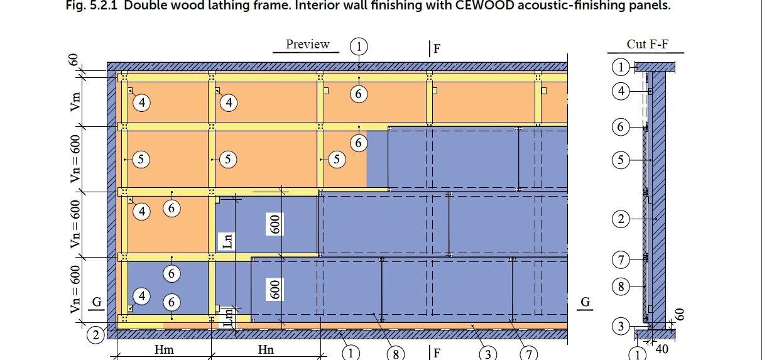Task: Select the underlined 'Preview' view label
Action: coord(307,44)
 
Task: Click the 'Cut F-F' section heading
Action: coord(646,44)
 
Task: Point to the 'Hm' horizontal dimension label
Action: coord(164,350)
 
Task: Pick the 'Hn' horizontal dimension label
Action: coord(266,350)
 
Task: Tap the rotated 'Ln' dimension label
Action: coord(228,239)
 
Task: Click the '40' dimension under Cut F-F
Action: coord(661,349)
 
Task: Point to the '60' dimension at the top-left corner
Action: coord(73,60)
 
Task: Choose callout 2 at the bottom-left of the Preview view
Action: coord(95,335)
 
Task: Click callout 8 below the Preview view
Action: coord(395,354)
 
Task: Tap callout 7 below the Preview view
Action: coord(530,354)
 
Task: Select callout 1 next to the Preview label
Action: coord(359,46)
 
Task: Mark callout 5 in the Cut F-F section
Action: coord(621,160)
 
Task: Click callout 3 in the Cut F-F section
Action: coord(621,326)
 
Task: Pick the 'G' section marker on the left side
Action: coord(97,302)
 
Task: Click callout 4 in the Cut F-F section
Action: coord(621,92)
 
